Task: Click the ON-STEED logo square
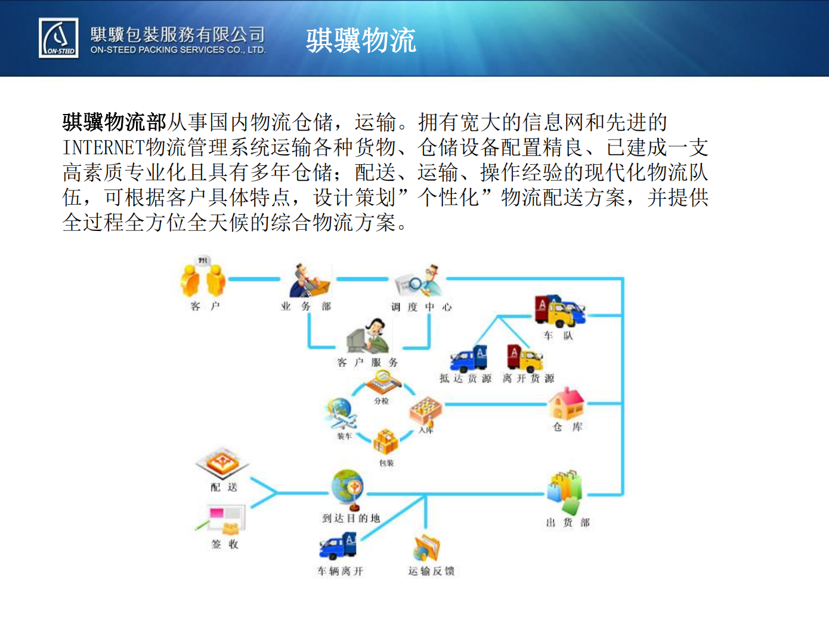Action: click(x=58, y=38)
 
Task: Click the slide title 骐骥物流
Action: click(x=361, y=40)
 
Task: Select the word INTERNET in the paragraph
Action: click(x=104, y=147)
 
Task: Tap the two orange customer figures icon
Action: click(x=203, y=277)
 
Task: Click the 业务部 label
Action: click(x=306, y=306)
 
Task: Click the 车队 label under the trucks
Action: click(x=558, y=335)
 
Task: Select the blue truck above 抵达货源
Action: click(x=468, y=358)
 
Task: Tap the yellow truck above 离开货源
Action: click(x=525, y=357)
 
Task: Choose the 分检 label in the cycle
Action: click(x=381, y=401)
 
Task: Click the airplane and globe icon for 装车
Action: click(x=341, y=414)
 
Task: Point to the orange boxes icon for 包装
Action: click(x=386, y=442)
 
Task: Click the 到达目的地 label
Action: click(x=351, y=519)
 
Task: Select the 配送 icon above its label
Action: click(x=222, y=463)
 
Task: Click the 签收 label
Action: click(x=225, y=544)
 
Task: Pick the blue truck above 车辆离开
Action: click(x=338, y=547)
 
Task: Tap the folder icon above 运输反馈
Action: click(x=426, y=548)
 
